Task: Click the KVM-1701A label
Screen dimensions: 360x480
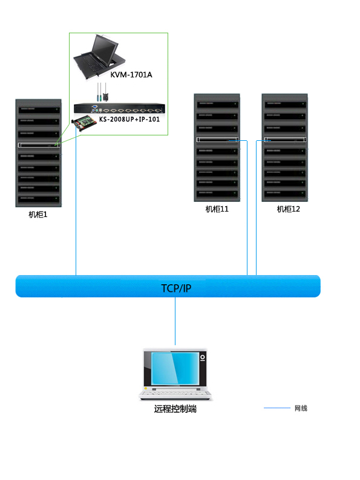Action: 131,75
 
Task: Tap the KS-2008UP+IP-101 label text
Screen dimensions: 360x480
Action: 129,119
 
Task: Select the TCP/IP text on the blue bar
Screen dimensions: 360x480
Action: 176,288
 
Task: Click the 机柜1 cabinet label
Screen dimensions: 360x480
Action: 38,215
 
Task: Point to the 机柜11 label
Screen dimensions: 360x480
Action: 217,209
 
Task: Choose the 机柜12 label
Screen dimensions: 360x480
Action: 289,209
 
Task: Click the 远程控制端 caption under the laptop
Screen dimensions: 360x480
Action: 175,409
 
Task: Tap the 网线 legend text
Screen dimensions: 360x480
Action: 301,408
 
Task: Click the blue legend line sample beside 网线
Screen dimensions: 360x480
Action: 277,407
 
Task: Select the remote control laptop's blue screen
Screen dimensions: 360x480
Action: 175,369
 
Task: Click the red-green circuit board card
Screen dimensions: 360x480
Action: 83,123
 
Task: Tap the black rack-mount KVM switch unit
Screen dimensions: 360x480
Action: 119,109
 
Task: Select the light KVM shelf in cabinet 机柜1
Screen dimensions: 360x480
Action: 39,145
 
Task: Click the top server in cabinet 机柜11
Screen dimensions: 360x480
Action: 217,105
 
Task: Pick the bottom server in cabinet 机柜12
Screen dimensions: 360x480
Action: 285,193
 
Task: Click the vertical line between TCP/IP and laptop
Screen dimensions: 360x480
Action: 175,321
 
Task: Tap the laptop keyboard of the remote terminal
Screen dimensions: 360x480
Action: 175,393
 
